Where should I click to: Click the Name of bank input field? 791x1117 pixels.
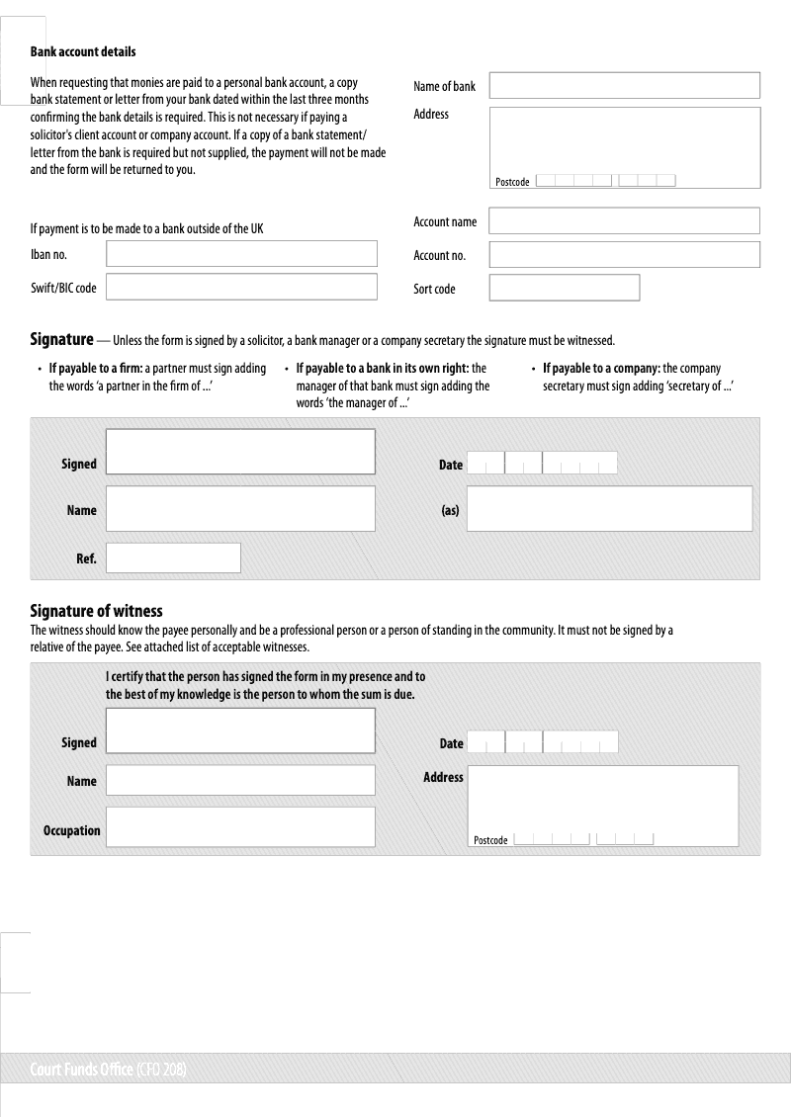click(624, 85)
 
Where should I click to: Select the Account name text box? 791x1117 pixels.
click(624, 220)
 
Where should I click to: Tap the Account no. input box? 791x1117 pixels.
click(624, 254)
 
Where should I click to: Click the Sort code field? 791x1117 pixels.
click(564, 288)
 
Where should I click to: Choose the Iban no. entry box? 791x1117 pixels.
click(241, 254)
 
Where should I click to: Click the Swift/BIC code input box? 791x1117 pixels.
click(241, 287)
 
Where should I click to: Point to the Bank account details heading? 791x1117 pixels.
click(83, 51)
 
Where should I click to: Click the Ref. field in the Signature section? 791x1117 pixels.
click(173, 558)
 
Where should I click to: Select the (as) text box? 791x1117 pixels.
click(609, 509)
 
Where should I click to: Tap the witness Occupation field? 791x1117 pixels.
click(240, 827)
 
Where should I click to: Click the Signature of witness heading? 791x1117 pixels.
click(96, 612)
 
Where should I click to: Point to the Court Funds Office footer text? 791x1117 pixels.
click(109, 1070)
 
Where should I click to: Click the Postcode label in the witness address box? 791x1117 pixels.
click(490, 840)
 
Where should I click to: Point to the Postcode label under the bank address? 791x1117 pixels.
click(512, 182)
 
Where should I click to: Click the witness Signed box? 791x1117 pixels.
click(240, 730)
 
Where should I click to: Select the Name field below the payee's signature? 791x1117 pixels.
click(240, 509)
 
